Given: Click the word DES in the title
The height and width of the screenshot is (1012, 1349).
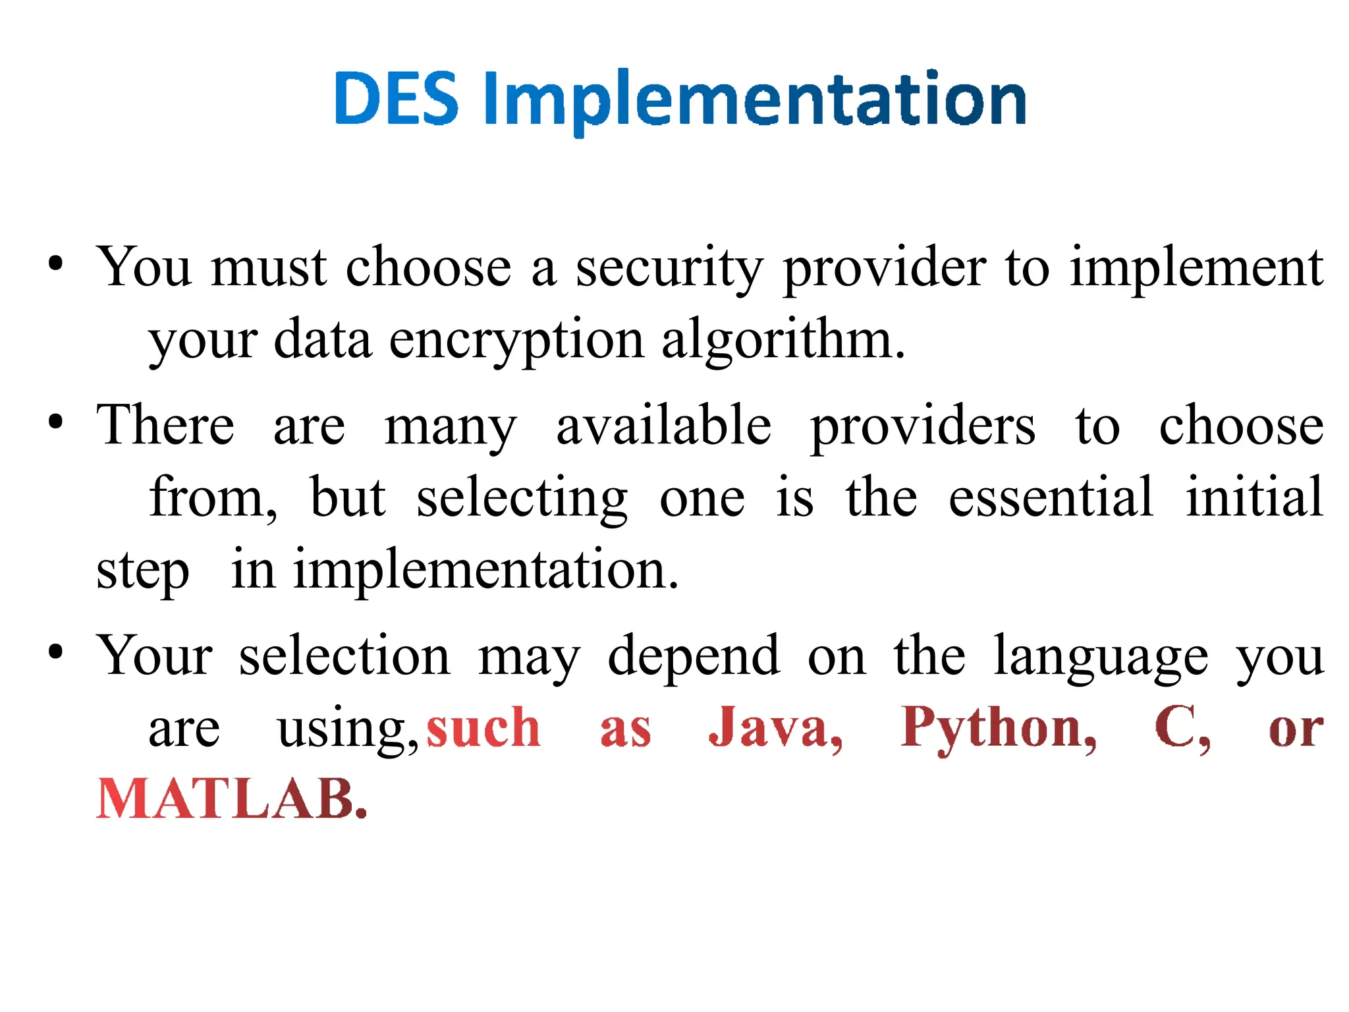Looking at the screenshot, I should point(396,99).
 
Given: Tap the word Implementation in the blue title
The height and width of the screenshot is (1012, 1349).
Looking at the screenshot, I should point(755,100).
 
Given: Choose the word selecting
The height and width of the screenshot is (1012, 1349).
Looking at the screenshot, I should point(522,499).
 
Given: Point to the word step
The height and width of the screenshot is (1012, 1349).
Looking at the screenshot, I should point(143,571).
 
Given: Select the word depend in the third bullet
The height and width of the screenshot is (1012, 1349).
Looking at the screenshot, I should point(694,656).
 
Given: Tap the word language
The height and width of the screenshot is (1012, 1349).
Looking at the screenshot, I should point(1101,656).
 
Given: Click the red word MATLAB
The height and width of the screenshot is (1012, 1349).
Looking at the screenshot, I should point(231,799).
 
